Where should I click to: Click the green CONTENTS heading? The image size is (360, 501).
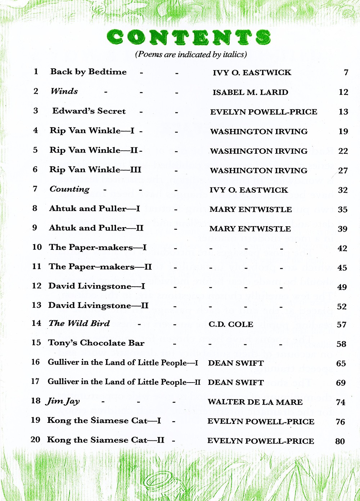click(x=189, y=37)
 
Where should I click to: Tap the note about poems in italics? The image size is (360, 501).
click(x=191, y=54)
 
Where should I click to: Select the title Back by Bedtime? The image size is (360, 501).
click(x=88, y=72)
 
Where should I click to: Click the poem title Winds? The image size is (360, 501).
click(x=64, y=91)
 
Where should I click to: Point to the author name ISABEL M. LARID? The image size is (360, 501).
click(x=250, y=92)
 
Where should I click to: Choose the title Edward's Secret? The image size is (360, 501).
click(x=89, y=111)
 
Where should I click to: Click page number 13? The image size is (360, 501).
click(x=343, y=112)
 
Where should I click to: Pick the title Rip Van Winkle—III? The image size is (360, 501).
click(x=95, y=170)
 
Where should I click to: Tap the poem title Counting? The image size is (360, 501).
click(x=69, y=189)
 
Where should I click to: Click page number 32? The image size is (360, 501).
click(x=343, y=190)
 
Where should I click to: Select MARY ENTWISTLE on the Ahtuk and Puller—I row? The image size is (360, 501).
click(x=251, y=209)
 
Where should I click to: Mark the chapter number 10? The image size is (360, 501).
click(x=37, y=247)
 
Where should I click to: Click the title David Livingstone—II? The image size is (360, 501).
click(x=98, y=305)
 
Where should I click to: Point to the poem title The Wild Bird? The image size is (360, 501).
click(x=79, y=323)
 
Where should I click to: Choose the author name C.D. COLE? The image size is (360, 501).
click(x=231, y=324)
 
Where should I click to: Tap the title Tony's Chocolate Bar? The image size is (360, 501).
click(x=96, y=343)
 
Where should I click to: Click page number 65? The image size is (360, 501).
click(x=341, y=363)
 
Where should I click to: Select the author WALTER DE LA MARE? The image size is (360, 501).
click(x=255, y=402)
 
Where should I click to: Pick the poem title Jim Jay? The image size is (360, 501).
click(x=63, y=401)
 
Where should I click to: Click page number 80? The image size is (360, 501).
click(x=340, y=441)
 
